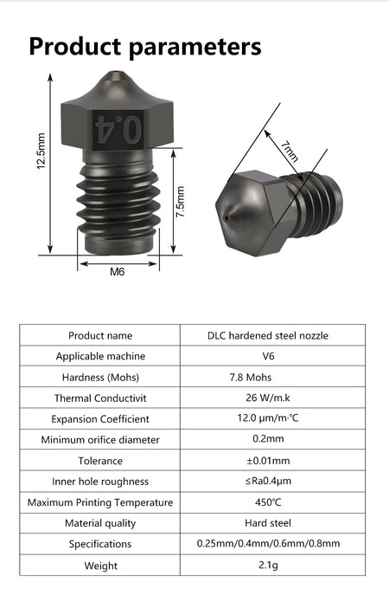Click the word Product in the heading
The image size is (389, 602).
75,47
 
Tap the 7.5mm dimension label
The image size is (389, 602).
180,202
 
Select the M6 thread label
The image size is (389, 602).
118,272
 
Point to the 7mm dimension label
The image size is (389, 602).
289,152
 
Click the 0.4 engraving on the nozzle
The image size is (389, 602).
118,129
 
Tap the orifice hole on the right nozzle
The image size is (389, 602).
226,218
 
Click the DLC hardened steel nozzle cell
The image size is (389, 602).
268,335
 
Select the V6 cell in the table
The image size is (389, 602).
268,356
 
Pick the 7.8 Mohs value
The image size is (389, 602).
251,378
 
